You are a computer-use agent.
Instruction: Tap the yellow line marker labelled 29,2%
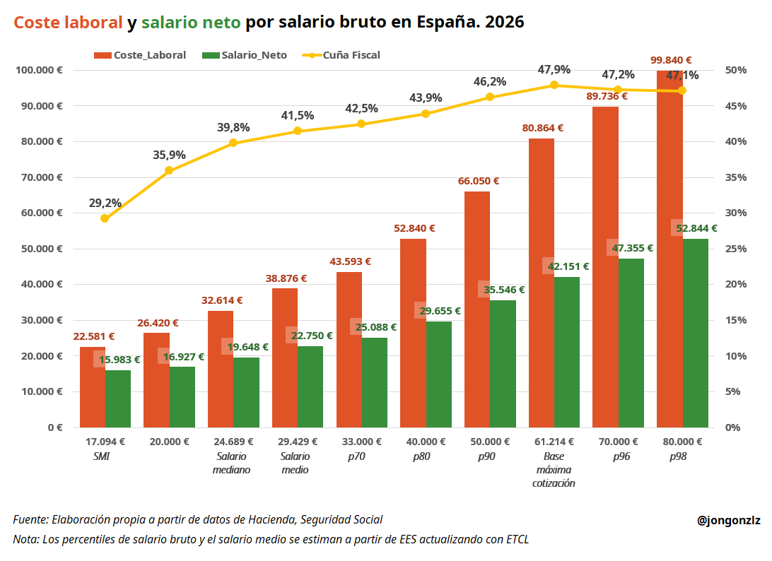click(x=105, y=218)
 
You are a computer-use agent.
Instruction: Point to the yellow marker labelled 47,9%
click(x=554, y=85)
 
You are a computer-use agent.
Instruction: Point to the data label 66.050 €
click(x=479, y=181)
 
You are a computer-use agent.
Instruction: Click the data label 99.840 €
click(x=671, y=60)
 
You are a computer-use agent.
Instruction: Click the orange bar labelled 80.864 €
click(x=541, y=283)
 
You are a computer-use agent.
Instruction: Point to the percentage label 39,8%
click(x=233, y=127)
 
